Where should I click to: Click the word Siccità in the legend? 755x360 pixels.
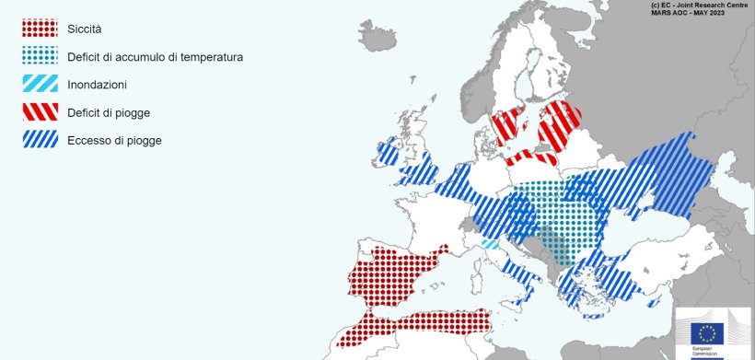pyautogui.click(x=84, y=29)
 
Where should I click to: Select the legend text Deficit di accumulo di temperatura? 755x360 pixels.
pyautogui.click(x=155, y=57)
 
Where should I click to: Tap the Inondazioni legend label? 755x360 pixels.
pyautogui.click(x=97, y=85)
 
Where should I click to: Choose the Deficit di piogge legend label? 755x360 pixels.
pyautogui.click(x=108, y=112)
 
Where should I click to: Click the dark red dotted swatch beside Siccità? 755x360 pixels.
pyautogui.click(x=41, y=29)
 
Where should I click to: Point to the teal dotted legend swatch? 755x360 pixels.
pyautogui.click(x=41, y=57)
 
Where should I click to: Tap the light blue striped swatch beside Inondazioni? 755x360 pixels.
pyautogui.click(x=41, y=85)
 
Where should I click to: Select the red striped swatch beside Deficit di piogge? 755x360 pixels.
pyautogui.click(x=41, y=112)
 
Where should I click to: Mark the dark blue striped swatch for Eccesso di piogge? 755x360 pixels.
pyautogui.click(x=41, y=140)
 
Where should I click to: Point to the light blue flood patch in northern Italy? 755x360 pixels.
pyautogui.click(x=491, y=245)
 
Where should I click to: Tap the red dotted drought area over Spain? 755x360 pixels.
pyautogui.click(x=391, y=276)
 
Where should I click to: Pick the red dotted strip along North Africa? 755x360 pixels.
pyautogui.click(x=414, y=325)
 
